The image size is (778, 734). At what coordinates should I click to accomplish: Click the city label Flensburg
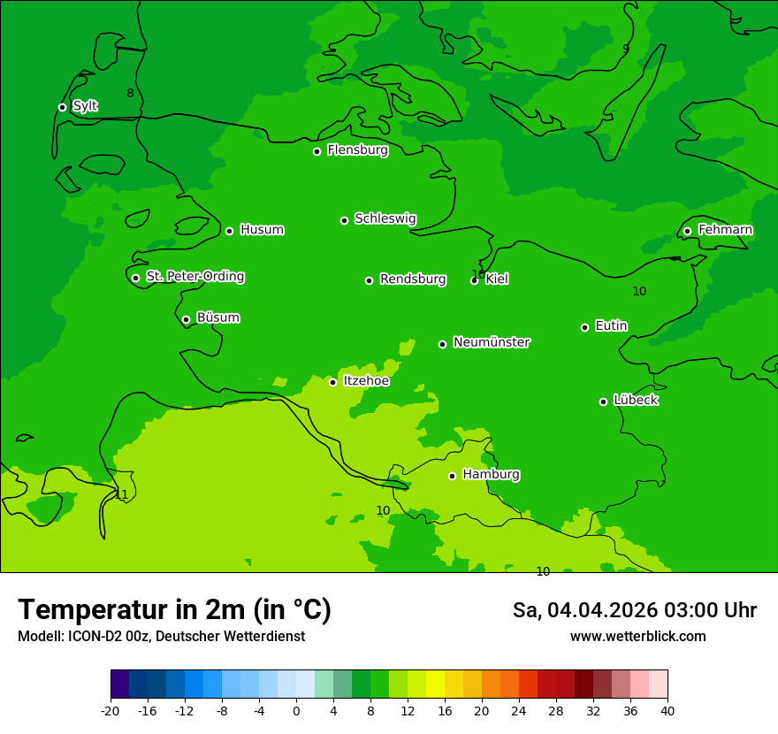click(357, 150)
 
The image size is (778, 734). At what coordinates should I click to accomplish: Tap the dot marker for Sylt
click(62, 107)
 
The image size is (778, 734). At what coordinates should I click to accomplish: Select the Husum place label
click(262, 230)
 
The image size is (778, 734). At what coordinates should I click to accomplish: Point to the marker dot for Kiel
click(474, 280)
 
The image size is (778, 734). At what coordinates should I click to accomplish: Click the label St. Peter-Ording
click(194, 277)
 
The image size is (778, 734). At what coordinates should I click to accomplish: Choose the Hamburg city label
click(491, 475)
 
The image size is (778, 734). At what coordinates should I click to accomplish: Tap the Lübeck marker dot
click(603, 401)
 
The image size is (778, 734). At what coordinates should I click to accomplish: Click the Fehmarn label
click(725, 230)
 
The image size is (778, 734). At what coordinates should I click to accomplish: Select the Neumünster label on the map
click(492, 342)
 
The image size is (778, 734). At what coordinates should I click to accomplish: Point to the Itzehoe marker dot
click(332, 382)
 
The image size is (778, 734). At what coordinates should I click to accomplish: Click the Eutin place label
click(611, 326)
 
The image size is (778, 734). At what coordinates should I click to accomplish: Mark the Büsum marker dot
click(186, 319)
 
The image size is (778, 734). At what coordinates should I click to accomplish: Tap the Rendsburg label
click(413, 279)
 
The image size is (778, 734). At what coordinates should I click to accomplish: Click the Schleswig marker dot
click(344, 220)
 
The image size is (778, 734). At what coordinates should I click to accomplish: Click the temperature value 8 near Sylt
click(130, 94)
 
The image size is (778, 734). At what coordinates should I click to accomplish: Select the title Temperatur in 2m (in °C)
click(174, 609)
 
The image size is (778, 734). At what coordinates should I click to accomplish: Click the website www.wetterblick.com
click(637, 637)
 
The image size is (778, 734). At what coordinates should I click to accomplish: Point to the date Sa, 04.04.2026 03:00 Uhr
click(634, 610)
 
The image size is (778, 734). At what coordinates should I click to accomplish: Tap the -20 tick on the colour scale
click(111, 710)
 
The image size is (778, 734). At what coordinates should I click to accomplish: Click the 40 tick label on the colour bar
click(667, 710)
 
